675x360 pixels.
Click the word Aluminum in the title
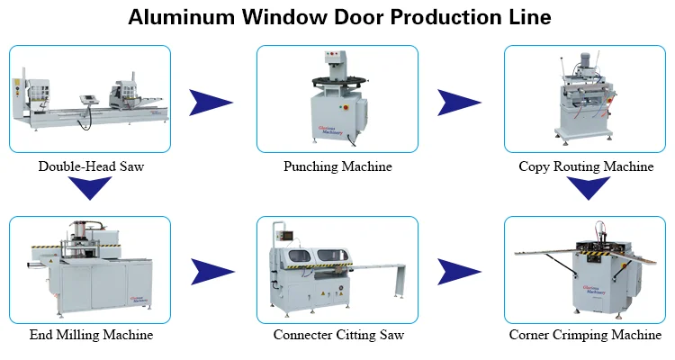[181, 17]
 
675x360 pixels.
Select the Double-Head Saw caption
[91, 166]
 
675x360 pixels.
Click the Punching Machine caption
[337, 166]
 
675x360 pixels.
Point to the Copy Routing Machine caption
[586, 166]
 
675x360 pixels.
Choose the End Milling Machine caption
[91, 335]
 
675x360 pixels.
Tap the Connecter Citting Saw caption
[338, 335]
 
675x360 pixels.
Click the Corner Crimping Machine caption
[585, 335]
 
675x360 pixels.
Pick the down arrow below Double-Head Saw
[90, 186]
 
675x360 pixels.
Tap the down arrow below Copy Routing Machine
[588, 186]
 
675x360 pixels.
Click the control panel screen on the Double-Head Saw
[89, 99]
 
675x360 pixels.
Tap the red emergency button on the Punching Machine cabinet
[345, 107]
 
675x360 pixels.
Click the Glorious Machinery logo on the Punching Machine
[330, 130]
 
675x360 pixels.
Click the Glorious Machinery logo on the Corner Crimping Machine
[595, 290]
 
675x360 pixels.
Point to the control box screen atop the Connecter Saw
[287, 235]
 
